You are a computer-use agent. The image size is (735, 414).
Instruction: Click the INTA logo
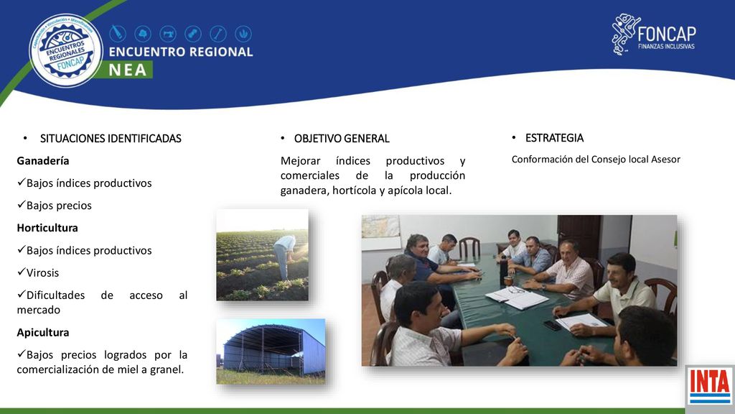click(710, 387)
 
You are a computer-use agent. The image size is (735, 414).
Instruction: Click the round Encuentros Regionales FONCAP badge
click(66, 50)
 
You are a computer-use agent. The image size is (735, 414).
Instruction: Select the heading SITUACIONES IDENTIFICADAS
click(111, 139)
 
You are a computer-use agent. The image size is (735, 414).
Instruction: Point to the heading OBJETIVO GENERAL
click(342, 139)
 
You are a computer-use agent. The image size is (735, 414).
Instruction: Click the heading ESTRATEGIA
click(555, 138)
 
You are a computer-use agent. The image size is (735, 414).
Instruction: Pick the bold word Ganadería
click(43, 161)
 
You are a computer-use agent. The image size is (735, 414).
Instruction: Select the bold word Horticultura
click(47, 228)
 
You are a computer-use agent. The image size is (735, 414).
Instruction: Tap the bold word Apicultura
click(43, 332)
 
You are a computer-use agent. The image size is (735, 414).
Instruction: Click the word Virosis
click(42, 272)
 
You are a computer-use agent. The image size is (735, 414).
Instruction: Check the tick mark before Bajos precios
click(21, 205)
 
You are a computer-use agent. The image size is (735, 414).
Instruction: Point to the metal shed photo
click(271, 351)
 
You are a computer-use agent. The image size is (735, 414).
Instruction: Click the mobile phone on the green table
click(553, 326)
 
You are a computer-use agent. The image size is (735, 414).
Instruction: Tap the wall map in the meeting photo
click(381, 227)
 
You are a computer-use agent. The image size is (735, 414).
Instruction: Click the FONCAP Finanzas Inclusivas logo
click(654, 34)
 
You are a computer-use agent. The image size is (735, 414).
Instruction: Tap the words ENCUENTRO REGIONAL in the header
click(181, 52)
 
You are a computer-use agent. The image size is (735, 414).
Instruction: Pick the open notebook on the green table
click(516, 298)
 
